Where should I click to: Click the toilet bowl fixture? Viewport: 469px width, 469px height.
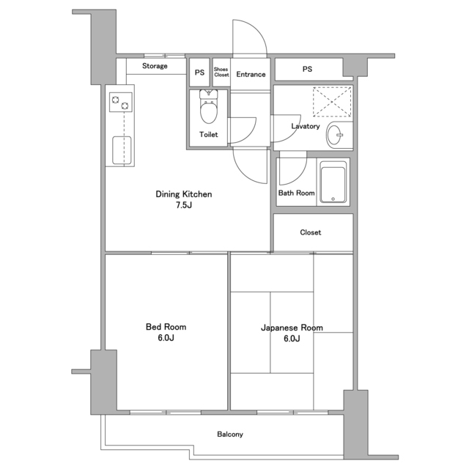click(209, 107)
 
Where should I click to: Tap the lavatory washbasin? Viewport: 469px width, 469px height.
click(336, 135)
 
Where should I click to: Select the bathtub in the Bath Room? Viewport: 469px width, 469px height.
click(333, 182)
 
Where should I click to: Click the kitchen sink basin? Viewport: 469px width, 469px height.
click(122, 150)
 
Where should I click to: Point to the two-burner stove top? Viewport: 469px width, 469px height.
click(120, 103)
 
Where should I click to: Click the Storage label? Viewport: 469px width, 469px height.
click(155, 66)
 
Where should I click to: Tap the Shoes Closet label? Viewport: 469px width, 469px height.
click(221, 72)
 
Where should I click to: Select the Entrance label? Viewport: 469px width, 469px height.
click(251, 74)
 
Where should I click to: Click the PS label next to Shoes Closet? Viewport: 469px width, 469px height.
click(199, 73)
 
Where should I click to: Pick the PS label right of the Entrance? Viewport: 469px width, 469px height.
click(307, 69)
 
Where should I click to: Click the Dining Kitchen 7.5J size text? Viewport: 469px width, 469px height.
click(184, 205)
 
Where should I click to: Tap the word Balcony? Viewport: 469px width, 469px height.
click(230, 434)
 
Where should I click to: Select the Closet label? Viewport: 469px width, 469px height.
click(311, 232)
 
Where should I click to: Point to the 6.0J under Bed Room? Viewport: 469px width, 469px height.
click(166, 338)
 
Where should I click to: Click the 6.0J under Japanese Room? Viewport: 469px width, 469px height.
click(292, 339)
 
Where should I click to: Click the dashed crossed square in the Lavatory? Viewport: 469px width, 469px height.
click(332, 102)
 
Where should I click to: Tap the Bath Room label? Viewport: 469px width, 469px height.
click(296, 193)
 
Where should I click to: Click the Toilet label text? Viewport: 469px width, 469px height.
click(208, 135)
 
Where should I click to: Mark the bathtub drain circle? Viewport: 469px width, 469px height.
click(333, 199)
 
